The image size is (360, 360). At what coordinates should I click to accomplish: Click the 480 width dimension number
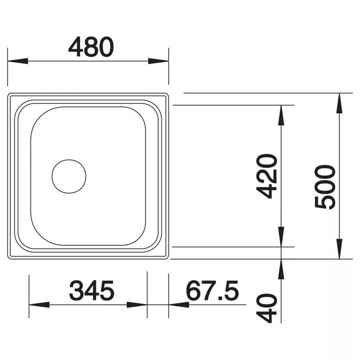(x=91, y=47)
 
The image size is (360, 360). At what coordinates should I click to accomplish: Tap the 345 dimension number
(x=92, y=291)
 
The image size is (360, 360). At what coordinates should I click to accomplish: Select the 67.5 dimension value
(x=212, y=291)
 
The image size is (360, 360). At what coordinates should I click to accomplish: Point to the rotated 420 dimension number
(x=266, y=176)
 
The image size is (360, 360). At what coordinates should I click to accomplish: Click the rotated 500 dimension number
(x=325, y=187)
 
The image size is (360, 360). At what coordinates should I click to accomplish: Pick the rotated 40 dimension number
(x=266, y=309)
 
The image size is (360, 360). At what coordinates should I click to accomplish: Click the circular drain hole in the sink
(x=69, y=176)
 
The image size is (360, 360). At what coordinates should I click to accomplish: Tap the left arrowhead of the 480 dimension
(x=17, y=61)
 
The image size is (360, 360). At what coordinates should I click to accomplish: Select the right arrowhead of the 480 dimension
(x=158, y=61)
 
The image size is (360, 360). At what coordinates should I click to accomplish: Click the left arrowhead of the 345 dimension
(x=39, y=304)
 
